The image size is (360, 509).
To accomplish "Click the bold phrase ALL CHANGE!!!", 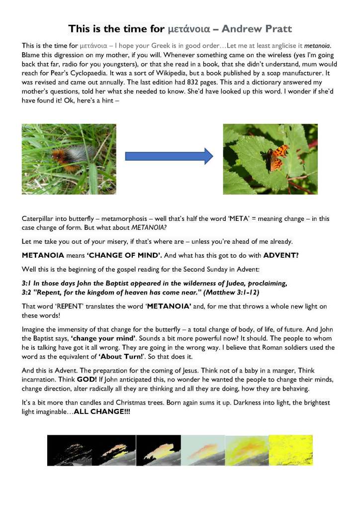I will [x=101, y=412].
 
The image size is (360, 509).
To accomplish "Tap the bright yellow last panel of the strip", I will [x=290, y=450].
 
